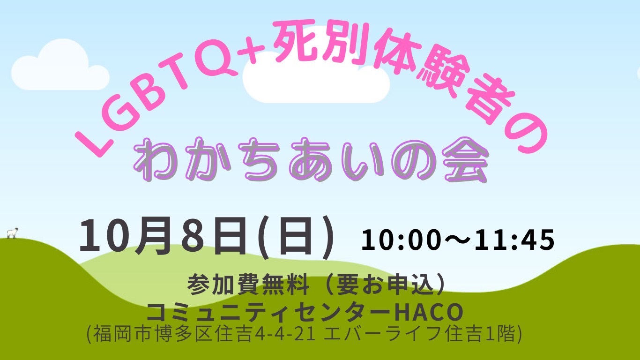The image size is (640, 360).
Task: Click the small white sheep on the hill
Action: [12, 232]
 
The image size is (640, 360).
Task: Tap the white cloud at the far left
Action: [60, 66]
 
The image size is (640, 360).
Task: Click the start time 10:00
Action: [400, 240]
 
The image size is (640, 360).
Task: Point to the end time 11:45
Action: [514, 240]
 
